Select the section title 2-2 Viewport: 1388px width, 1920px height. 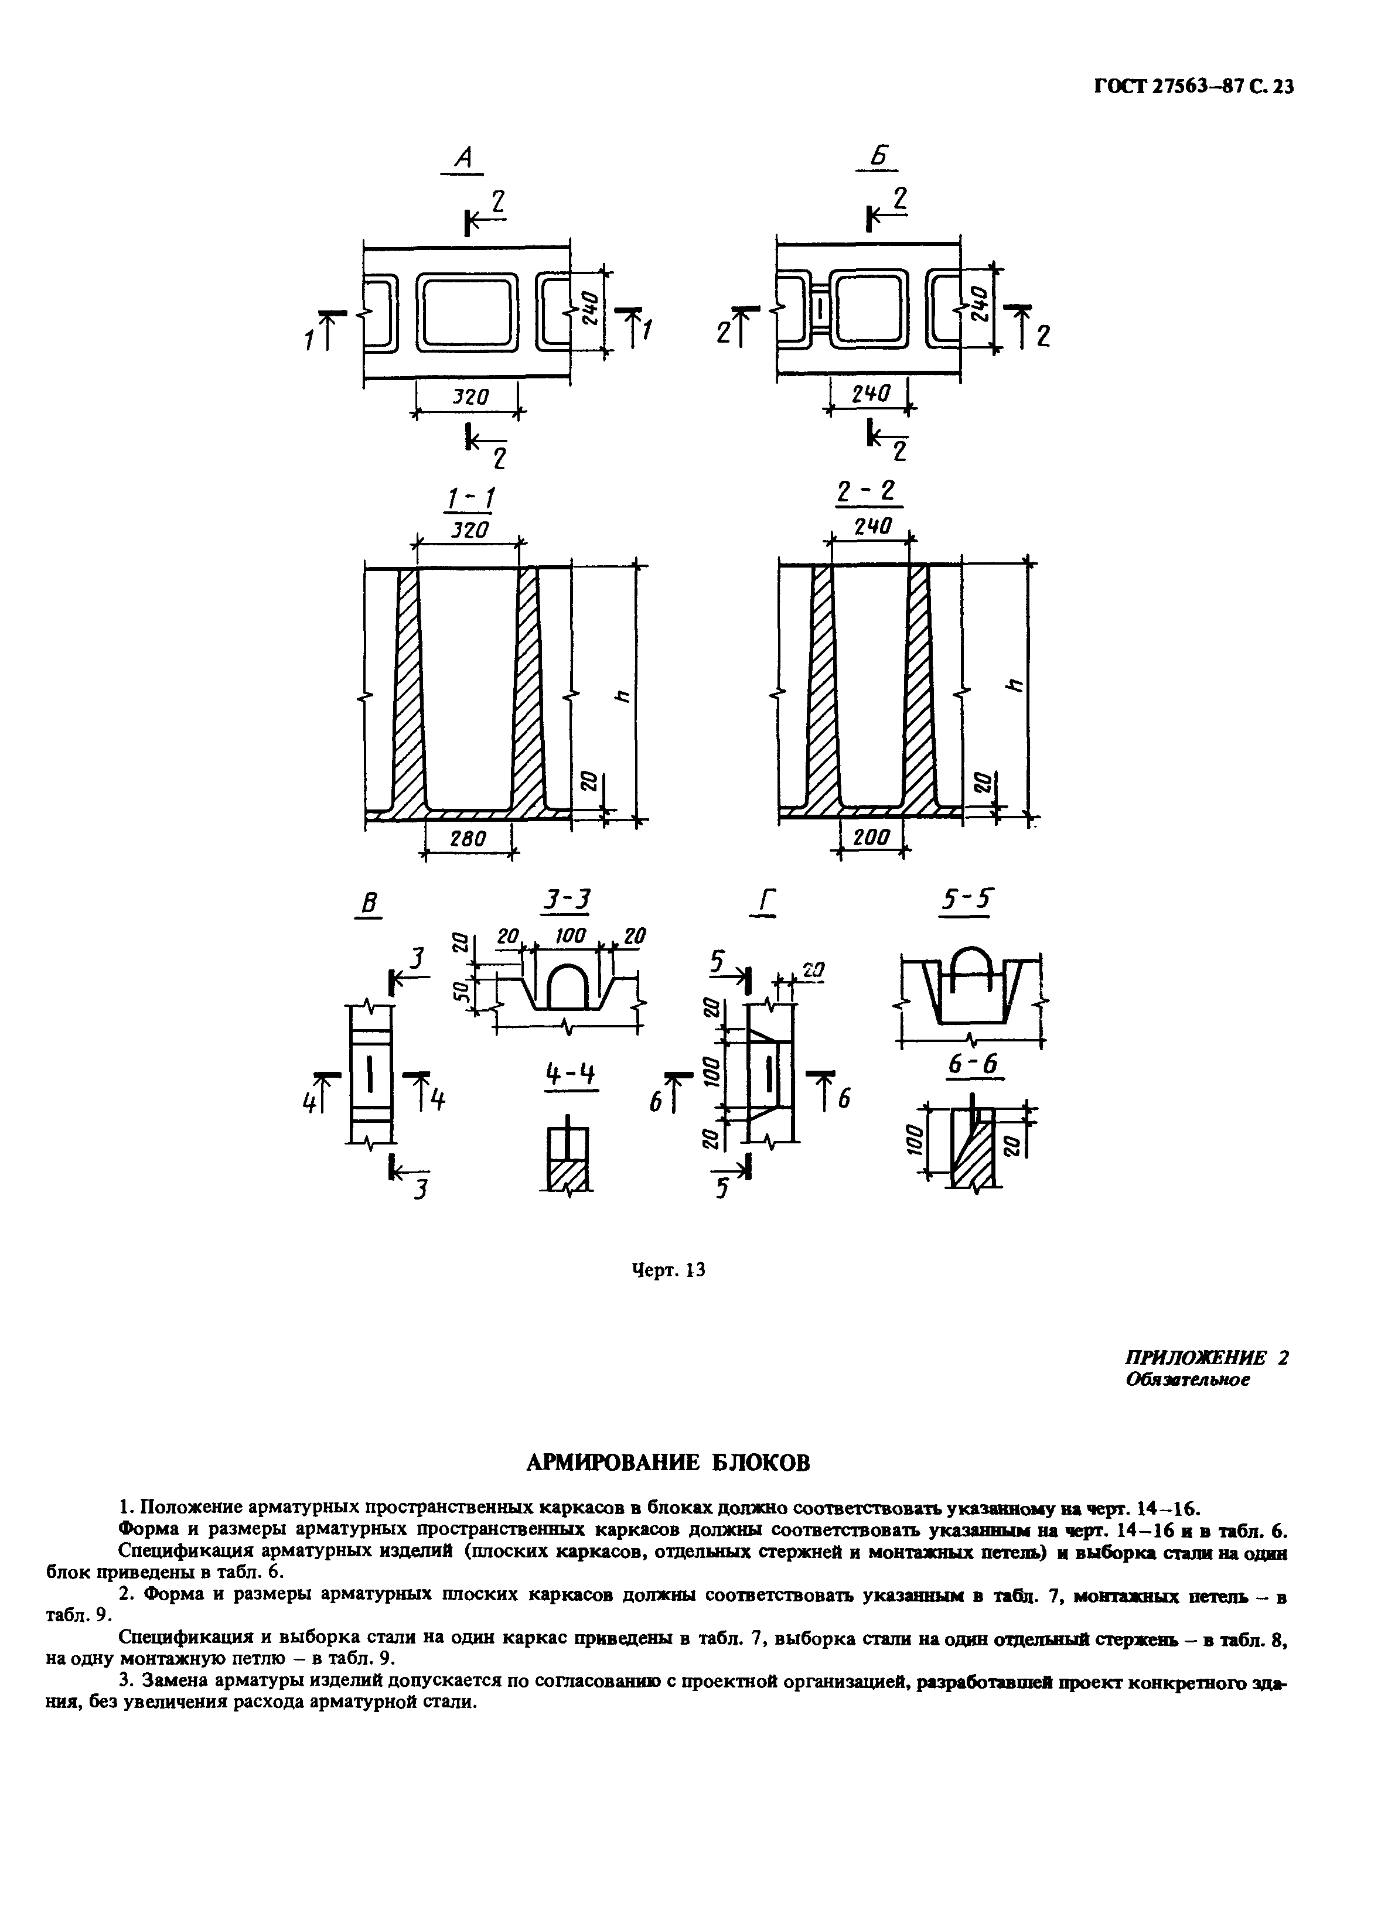(x=869, y=492)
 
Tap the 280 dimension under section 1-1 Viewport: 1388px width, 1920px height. (x=468, y=838)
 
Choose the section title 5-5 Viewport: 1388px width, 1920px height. (x=967, y=903)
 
